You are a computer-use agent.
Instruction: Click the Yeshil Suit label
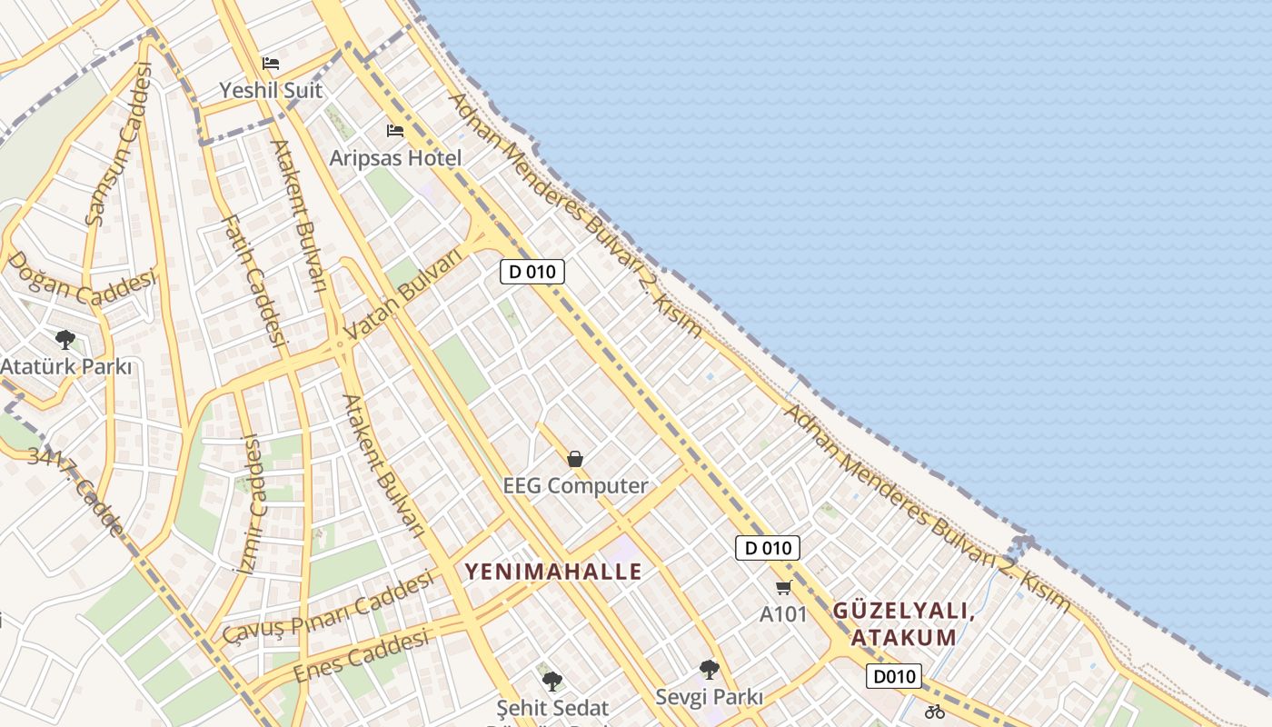click(271, 90)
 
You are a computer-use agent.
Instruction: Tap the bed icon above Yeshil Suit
click(271, 64)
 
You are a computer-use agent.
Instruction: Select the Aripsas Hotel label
click(395, 158)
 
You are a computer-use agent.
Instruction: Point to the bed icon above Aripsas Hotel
click(395, 131)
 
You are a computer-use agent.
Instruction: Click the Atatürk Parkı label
click(65, 367)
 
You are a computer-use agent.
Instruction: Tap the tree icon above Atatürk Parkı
click(65, 340)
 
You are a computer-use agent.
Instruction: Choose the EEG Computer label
click(575, 485)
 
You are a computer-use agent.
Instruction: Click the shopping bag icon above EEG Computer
click(575, 459)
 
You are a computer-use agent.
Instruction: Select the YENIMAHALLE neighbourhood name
click(553, 572)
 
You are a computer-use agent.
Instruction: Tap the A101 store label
click(783, 614)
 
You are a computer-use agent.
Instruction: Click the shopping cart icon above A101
click(784, 588)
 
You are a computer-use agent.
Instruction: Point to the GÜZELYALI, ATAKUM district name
click(904, 623)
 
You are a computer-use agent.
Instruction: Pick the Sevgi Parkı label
click(710, 697)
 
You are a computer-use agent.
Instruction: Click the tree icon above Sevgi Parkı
click(710, 670)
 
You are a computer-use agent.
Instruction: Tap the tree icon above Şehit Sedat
click(552, 681)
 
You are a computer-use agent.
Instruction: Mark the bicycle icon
click(934, 712)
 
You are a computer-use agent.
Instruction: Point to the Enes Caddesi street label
click(361, 655)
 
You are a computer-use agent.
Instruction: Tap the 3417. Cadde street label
click(75, 491)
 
